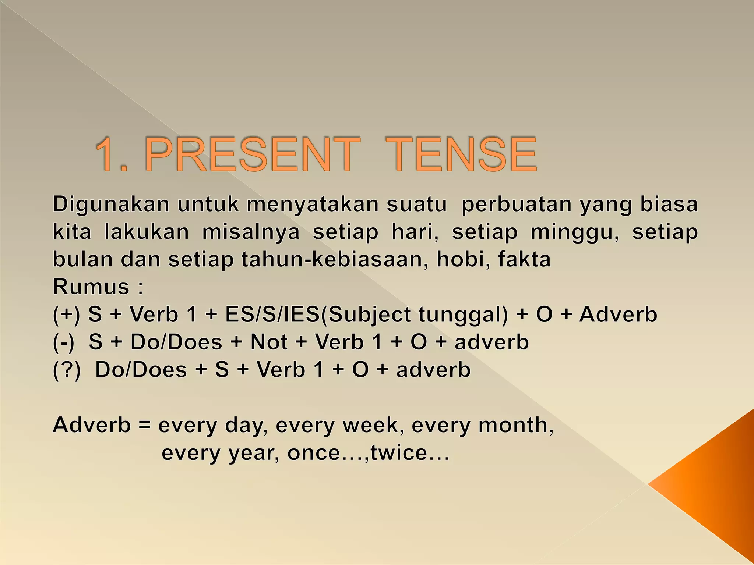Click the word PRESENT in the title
[253, 154]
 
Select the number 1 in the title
[107, 154]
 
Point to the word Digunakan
[111, 205]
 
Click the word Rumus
[91, 287]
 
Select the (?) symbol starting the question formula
[67, 370]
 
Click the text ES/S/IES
[272, 315]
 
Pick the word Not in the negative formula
[269, 342]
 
